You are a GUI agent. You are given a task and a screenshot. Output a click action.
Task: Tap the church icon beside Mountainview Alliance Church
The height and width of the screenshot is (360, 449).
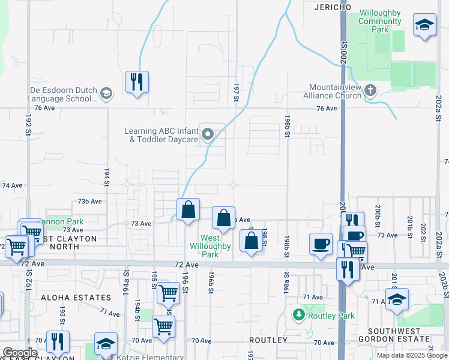tap(370, 91)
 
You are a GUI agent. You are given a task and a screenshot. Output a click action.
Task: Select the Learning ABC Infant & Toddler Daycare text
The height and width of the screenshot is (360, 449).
tap(161, 135)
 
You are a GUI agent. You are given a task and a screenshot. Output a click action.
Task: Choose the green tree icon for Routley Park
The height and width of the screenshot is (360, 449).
tap(298, 314)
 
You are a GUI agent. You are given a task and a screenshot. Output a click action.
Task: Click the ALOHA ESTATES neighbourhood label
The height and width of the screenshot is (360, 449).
tap(76, 298)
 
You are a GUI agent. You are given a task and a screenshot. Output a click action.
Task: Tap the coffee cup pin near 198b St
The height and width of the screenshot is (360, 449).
tap(321, 244)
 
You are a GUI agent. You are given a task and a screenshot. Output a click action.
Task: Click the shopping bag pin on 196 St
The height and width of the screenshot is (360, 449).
tap(188, 210)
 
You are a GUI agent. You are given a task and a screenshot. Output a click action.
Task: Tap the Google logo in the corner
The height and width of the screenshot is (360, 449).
tap(20, 353)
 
